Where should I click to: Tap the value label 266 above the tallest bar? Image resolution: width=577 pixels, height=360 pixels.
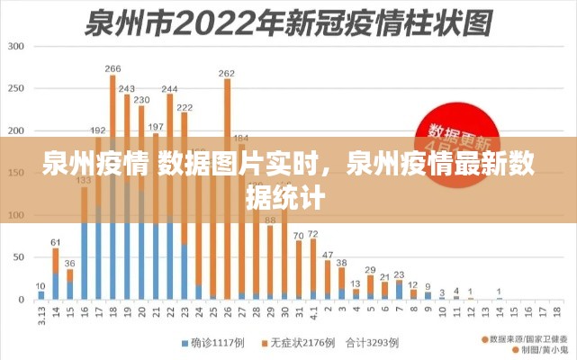click(x=113, y=68)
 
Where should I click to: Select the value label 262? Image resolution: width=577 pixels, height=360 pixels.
click(x=227, y=73)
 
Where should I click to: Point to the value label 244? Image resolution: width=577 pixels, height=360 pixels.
click(x=169, y=88)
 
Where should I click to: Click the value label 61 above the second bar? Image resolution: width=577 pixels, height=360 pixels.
click(x=55, y=242)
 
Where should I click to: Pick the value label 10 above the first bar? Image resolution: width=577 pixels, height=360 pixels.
click(x=41, y=284)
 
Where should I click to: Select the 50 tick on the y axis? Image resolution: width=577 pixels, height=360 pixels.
click(x=18, y=257)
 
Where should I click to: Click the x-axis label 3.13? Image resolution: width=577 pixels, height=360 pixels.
click(x=41, y=316)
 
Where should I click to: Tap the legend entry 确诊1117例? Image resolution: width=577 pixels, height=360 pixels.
click(x=214, y=344)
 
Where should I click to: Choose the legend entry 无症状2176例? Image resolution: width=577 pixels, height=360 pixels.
click(x=298, y=344)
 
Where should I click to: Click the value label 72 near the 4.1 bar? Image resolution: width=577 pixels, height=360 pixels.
click(x=313, y=233)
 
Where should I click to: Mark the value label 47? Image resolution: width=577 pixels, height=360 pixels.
click(x=328, y=254)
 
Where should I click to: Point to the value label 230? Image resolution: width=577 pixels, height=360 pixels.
click(x=141, y=99)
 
